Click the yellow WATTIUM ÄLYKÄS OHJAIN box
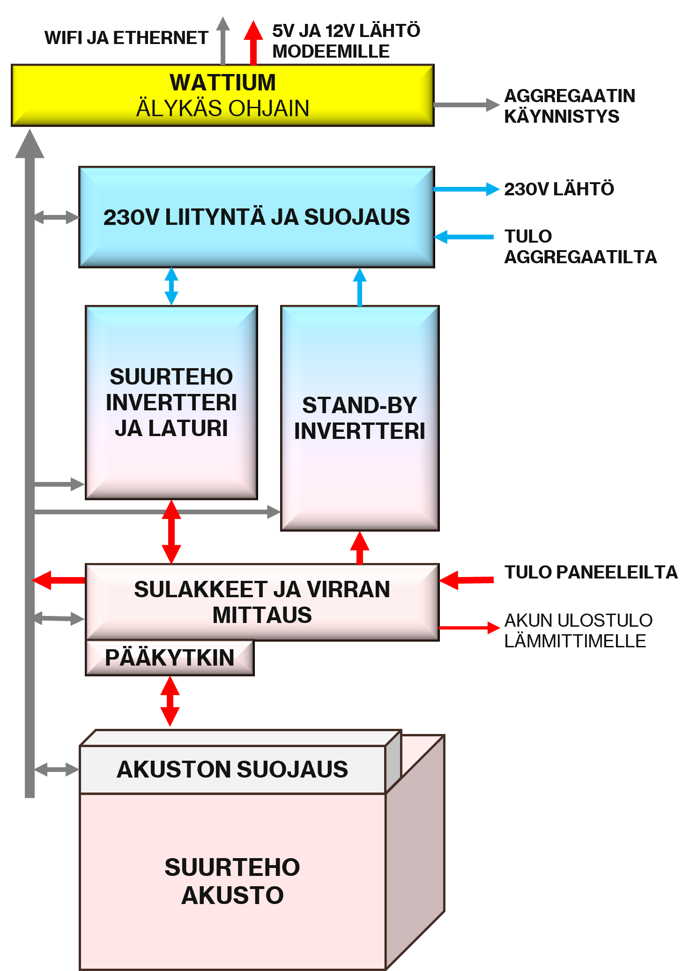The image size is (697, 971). [x=222, y=96]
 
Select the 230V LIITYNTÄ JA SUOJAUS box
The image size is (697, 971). [x=256, y=217]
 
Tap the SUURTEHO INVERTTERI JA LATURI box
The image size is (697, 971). [x=171, y=402]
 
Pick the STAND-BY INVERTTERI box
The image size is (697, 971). [x=359, y=418]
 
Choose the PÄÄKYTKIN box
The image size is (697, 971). [x=170, y=658]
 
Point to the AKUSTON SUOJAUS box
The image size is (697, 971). [x=232, y=770]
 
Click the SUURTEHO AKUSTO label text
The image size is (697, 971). [x=232, y=881]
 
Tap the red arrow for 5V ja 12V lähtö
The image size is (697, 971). [x=253, y=43]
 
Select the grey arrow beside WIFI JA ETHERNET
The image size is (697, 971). [x=223, y=41]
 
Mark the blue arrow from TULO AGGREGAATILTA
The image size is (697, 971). [x=464, y=237]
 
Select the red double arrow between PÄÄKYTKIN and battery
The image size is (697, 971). [x=170, y=701]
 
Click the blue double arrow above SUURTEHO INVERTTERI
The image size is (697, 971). [x=171, y=286]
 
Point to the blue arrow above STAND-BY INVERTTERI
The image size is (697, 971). [x=360, y=287]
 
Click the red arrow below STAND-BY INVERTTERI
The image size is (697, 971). [x=360, y=548]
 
